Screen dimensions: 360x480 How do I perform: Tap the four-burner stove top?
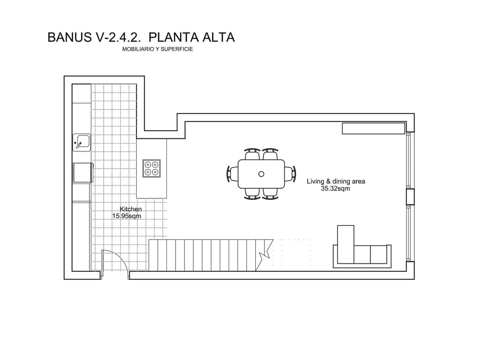pos(152,168)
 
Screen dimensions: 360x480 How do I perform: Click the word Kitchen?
pos(131,209)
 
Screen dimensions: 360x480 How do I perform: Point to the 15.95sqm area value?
pos(127,216)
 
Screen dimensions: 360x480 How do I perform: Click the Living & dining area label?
pos(336,181)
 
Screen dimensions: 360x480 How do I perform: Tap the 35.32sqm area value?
pos(335,189)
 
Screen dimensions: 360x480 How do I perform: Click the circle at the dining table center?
pos(261,174)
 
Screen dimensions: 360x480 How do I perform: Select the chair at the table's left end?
pos(232,173)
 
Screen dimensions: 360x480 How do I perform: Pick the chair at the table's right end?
pos(290,173)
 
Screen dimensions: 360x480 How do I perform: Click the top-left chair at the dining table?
pos(252,154)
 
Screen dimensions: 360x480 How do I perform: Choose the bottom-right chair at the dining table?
pos(271,194)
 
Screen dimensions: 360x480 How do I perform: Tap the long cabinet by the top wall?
pos(374,128)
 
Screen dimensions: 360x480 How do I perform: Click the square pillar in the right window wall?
pos(410,197)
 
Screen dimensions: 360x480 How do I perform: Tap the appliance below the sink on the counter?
pos(82,172)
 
